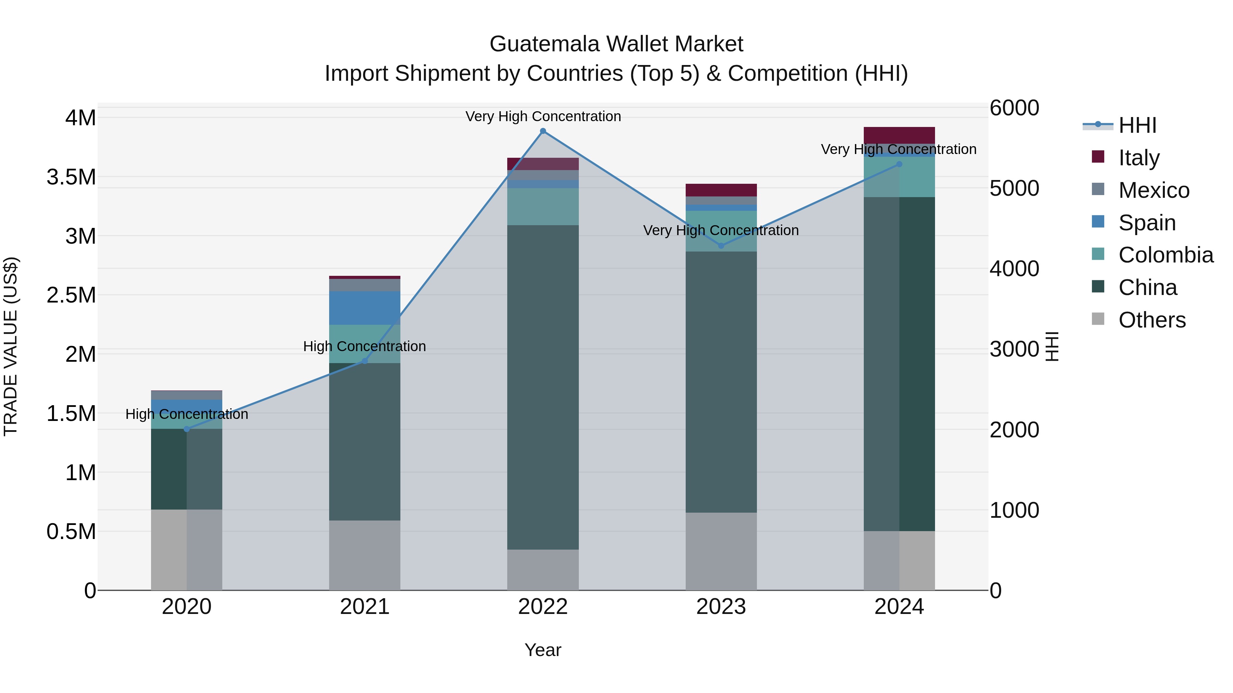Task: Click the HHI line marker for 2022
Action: pos(543,131)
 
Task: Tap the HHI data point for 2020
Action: pos(187,429)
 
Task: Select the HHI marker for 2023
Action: pos(721,246)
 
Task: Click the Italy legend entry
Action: pos(1139,158)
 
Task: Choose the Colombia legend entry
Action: pos(1166,255)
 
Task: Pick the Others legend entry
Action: pos(1151,320)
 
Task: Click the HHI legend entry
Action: pos(1137,125)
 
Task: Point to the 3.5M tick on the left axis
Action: pos(71,177)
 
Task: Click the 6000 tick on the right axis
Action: pos(1014,108)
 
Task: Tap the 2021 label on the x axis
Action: pos(365,607)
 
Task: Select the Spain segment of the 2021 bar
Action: pos(365,308)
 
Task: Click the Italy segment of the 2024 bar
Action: pos(899,135)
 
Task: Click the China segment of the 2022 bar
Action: pos(543,387)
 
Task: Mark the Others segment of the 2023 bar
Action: pos(721,551)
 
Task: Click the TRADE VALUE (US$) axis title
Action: pos(11,346)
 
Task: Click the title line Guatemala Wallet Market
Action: pos(616,44)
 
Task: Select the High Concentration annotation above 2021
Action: pos(364,346)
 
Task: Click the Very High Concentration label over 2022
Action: pos(543,116)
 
